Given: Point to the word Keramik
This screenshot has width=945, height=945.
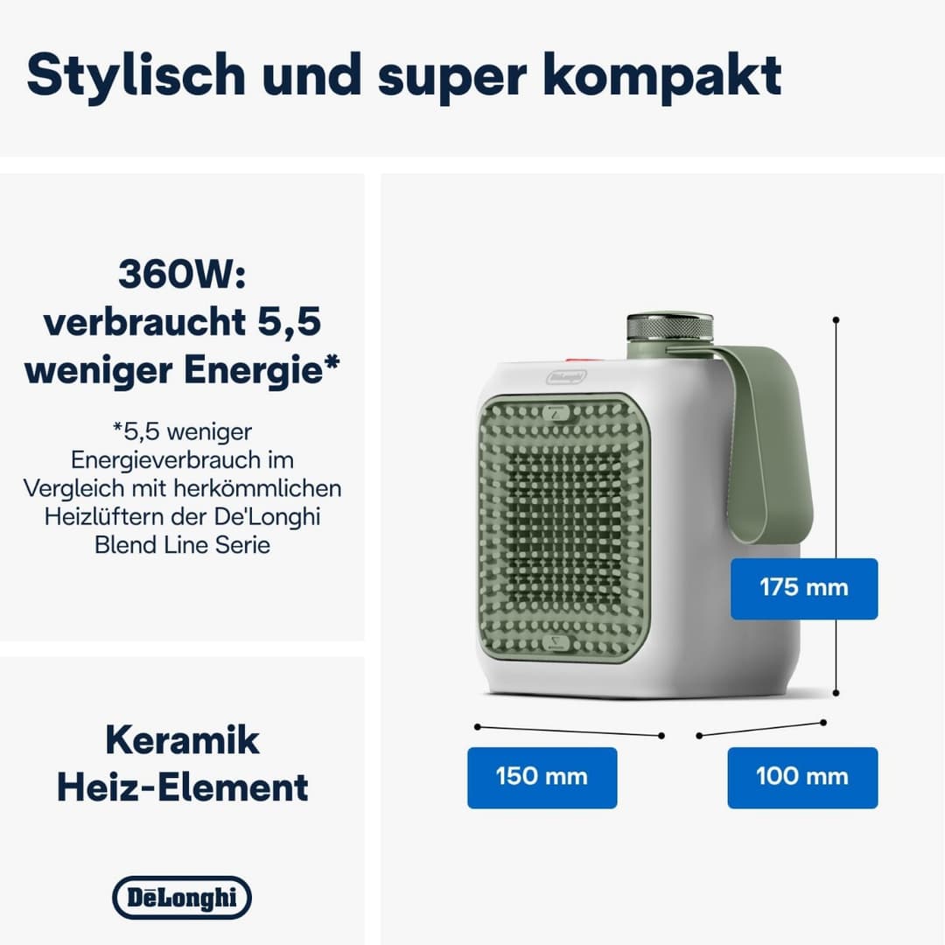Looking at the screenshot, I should tap(182, 740).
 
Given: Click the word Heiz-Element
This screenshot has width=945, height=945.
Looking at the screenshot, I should tap(182, 787).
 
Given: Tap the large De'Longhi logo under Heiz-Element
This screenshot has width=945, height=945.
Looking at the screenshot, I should tap(182, 898).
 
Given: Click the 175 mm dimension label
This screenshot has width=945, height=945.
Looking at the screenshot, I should tap(803, 587).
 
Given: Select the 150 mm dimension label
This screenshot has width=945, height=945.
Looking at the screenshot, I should tap(542, 776).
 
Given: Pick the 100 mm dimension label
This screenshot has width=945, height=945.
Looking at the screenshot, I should tap(801, 776).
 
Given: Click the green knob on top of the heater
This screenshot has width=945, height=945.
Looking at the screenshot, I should tap(670, 328).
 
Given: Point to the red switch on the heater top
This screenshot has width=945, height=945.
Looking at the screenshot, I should tap(574, 357).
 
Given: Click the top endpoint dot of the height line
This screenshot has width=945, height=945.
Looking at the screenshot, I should tap(836, 321).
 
